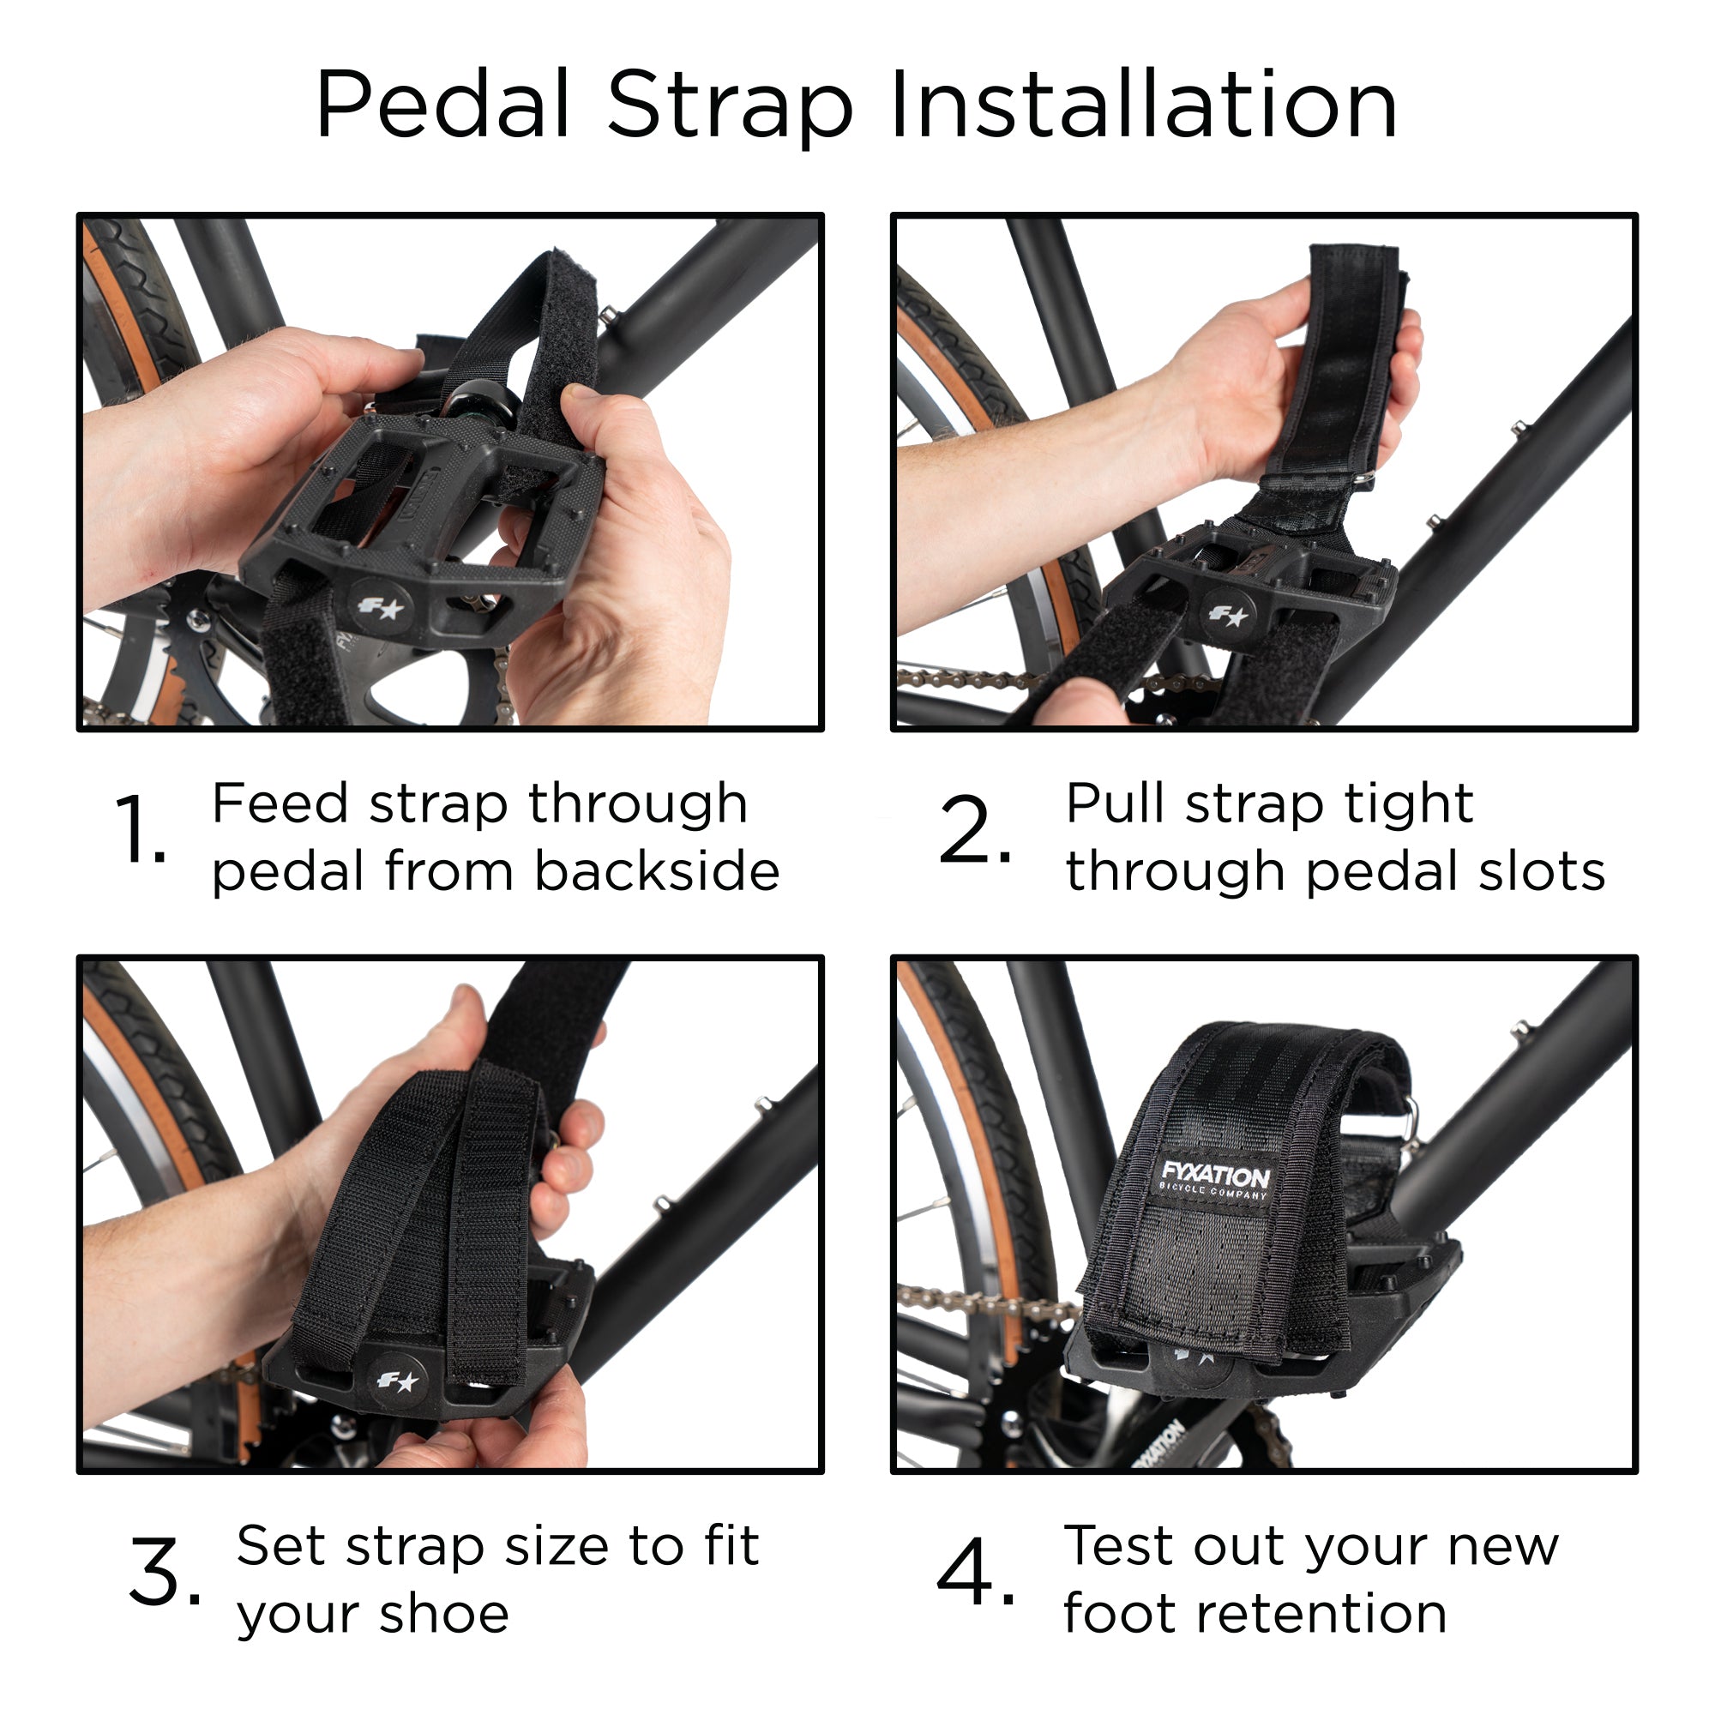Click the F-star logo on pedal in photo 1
pos(381,608)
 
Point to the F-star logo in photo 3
pos(397,1381)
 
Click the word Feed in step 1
pos(280,803)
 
